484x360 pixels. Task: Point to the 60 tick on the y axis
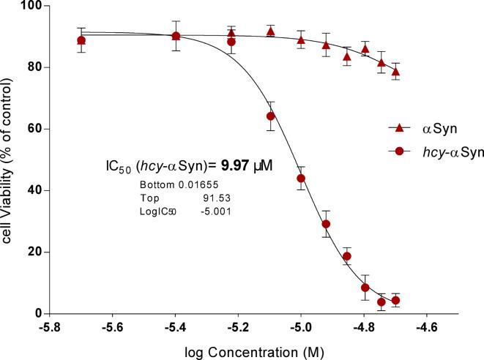click(33, 129)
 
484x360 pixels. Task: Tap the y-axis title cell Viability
click(9, 160)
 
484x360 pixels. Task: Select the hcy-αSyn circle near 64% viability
click(270, 116)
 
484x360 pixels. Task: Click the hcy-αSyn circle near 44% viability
click(301, 179)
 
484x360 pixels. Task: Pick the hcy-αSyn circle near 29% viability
click(327, 224)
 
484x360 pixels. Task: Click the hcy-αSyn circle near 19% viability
click(347, 256)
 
